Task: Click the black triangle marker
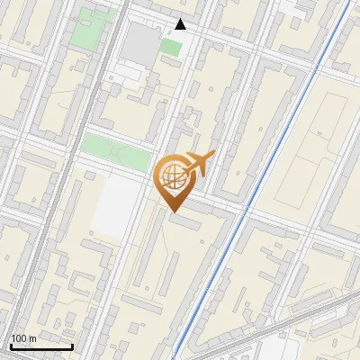tap(181, 24)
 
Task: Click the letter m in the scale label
tap(32, 338)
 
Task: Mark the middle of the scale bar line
tap(41, 346)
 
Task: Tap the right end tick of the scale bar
tap(73, 345)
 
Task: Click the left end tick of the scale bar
tap(10, 345)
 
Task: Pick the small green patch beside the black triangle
tap(171, 46)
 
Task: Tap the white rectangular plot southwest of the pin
tap(114, 205)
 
